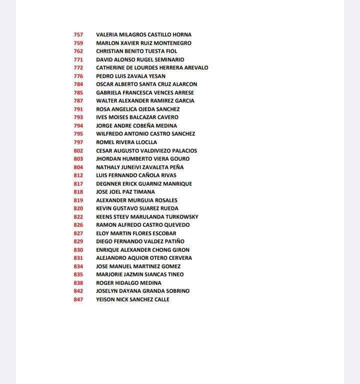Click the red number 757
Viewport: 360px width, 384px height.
(x=78, y=35)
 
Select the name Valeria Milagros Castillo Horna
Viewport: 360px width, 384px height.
(x=143, y=35)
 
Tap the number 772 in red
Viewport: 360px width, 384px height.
(x=78, y=68)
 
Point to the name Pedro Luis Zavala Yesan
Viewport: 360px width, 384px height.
(x=130, y=76)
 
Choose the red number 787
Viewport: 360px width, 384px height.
(x=78, y=101)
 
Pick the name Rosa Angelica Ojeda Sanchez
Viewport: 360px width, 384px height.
(x=137, y=109)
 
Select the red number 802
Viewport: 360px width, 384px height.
(x=78, y=151)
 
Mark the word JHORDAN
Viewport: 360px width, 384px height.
(x=109, y=159)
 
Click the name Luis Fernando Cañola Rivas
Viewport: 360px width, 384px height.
(x=136, y=175)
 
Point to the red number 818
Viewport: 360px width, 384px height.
(x=78, y=192)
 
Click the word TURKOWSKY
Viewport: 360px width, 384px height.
(x=181, y=217)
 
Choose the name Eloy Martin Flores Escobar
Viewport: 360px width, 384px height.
(x=136, y=233)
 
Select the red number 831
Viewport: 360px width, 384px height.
(x=78, y=258)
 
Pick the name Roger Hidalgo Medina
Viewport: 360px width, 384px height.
(x=129, y=283)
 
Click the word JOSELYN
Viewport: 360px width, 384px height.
(x=108, y=291)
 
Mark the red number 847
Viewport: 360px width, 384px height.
(x=78, y=299)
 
